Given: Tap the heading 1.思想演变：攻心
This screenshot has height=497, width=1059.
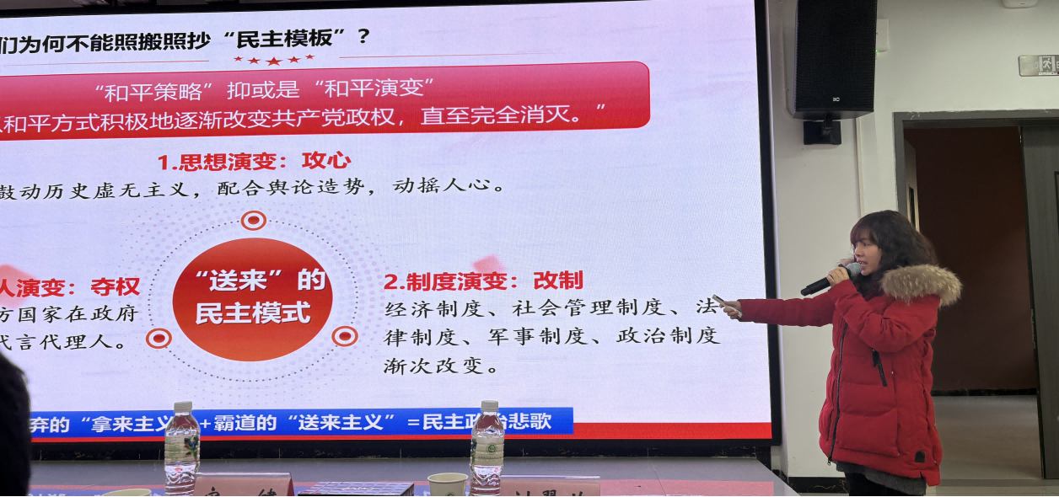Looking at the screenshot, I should [x=254, y=160].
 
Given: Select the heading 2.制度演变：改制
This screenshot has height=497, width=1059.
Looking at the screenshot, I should [x=483, y=281].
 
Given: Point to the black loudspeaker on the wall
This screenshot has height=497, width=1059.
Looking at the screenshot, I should [x=834, y=59].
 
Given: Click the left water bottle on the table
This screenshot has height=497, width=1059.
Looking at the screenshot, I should [x=181, y=447].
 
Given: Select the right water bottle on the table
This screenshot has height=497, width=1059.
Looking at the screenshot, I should [x=486, y=446].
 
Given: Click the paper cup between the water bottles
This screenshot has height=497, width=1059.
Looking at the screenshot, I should [x=447, y=484].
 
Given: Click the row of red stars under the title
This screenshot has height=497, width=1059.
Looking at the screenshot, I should [x=273, y=60].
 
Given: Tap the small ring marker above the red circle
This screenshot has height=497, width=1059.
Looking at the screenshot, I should [x=253, y=221].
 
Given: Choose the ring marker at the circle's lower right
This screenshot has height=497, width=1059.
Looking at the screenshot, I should [x=344, y=336].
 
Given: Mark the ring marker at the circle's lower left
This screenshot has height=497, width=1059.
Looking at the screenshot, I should [x=159, y=339].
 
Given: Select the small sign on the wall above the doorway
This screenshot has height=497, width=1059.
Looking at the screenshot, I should [x=1038, y=65].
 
